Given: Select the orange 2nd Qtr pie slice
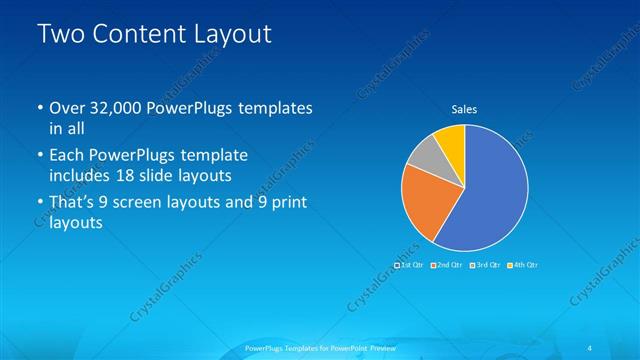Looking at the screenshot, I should [x=423, y=200].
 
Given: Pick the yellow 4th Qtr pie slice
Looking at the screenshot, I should [x=451, y=139].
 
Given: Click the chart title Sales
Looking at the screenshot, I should [x=463, y=109].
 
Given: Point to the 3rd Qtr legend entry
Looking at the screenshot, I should [x=485, y=265].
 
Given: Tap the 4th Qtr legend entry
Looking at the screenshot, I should [x=523, y=265].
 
